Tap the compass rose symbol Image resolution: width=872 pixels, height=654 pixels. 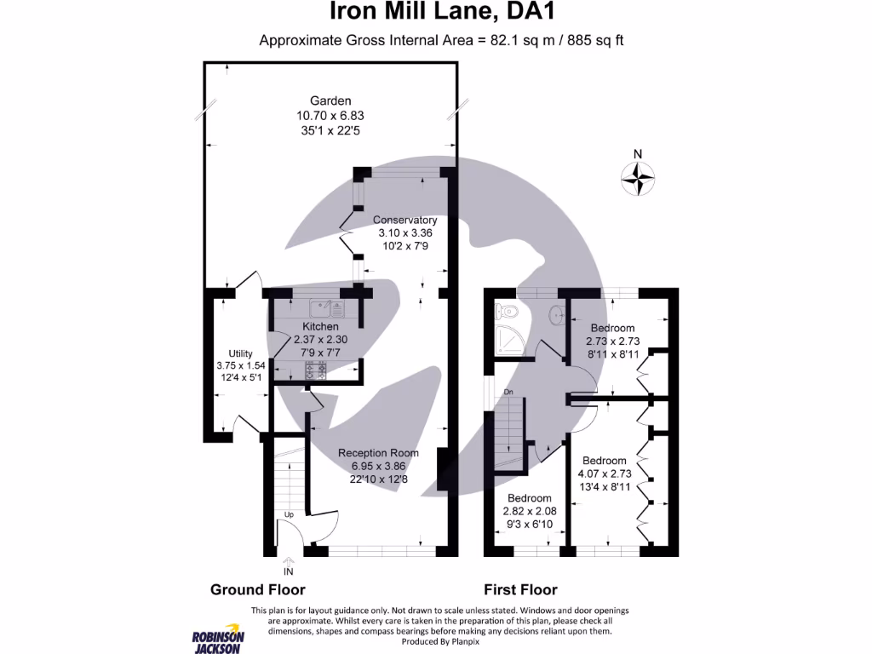638,178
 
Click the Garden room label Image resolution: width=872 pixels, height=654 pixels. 330,100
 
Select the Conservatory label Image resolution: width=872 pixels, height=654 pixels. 404,220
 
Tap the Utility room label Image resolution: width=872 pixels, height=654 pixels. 235,354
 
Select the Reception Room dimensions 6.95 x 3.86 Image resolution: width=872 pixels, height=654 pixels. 378,466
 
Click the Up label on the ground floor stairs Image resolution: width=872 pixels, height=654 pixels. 290,515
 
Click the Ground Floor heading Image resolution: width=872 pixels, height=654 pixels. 257,589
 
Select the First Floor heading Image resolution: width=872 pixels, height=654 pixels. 520,589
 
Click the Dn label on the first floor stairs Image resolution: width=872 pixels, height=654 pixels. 508,392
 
